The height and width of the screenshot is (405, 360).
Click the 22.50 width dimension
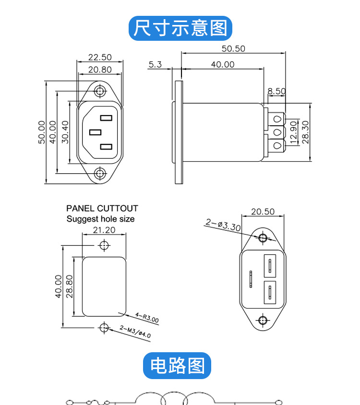[x=99, y=57]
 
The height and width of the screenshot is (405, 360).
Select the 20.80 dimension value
[x=99, y=70]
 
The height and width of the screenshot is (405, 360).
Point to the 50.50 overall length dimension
[x=233, y=48]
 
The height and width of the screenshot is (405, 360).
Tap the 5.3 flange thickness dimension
[x=156, y=64]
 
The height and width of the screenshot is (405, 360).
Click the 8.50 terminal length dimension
[x=276, y=91]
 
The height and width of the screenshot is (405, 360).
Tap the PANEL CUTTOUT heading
[x=102, y=208]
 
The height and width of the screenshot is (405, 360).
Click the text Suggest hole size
[x=100, y=219]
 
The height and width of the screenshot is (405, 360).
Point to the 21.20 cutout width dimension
[x=104, y=230]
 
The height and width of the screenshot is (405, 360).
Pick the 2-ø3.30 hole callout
[x=223, y=225]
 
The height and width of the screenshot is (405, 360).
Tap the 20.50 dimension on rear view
[x=263, y=212]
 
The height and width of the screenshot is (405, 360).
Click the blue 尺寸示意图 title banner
[x=180, y=28]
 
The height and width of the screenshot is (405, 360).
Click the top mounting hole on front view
[x=100, y=91]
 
